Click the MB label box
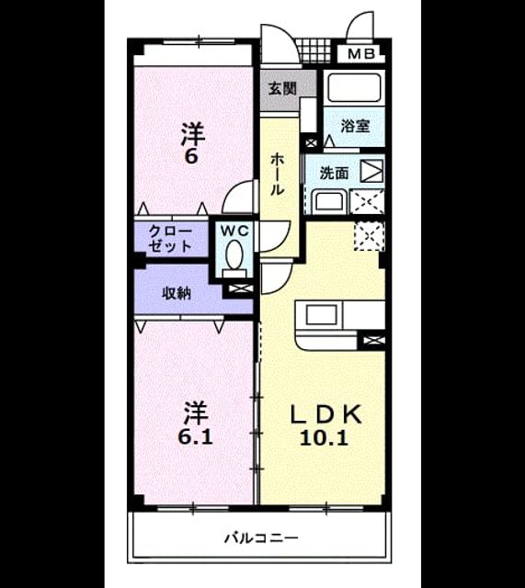[361, 54]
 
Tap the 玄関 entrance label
[282, 88]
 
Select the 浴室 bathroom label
[355, 126]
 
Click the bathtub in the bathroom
[354, 87]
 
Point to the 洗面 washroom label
[334, 174]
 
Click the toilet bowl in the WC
[234, 255]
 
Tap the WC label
[234, 231]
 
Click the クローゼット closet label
[170, 239]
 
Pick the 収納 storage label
[177, 293]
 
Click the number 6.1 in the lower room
[195, 437]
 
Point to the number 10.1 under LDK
[324, 437]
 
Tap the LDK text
[326, 414]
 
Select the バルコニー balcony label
[261, 538]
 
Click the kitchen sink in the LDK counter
[321, 314]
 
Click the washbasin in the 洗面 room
[328, 201]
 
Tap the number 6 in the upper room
[191, 156]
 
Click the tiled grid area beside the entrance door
[314, 51]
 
